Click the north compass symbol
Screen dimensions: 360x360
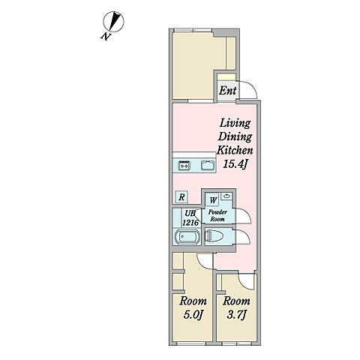114,22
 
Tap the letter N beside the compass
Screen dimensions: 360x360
106,37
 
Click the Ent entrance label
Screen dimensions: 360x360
227,91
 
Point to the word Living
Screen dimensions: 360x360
235,124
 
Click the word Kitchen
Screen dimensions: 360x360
235,151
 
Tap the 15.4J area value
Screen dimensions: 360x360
235,164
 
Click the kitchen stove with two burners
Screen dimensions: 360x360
184,165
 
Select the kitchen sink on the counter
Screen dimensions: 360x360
208,165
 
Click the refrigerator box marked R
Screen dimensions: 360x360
181,197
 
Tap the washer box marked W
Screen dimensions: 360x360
213,200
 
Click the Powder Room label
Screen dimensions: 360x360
217,215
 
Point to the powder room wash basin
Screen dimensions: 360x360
226,196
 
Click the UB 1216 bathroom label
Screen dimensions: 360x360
190,218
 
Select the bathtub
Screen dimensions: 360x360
187,236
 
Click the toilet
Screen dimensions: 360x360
214,236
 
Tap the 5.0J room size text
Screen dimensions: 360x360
193,315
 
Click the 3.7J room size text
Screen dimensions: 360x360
236,315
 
